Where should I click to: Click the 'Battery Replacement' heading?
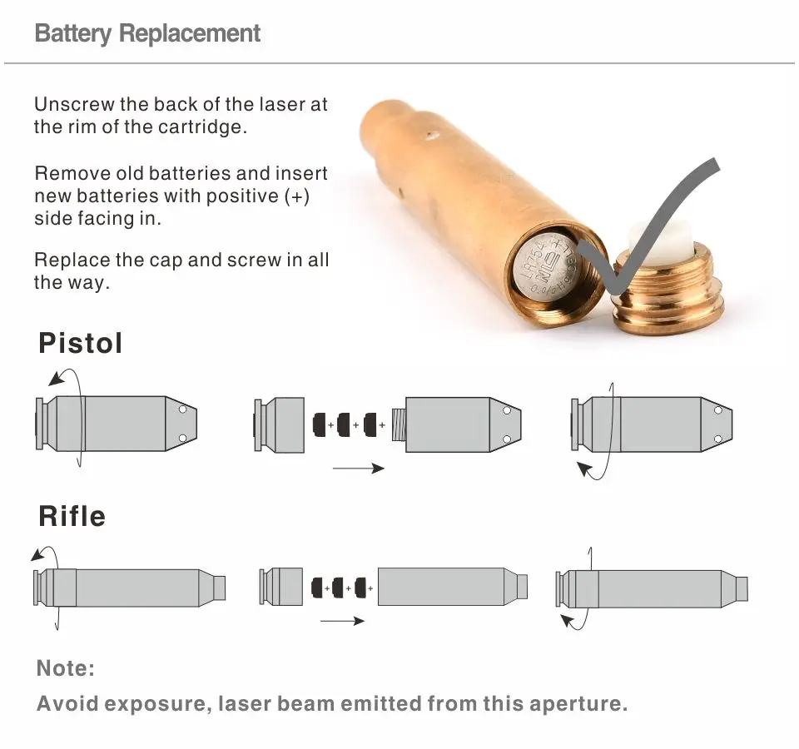pyautogui.click(x=148, y=34)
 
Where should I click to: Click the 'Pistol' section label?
pyautogui.click(x=81, y=343)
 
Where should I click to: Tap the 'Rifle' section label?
pyautogui.click(x=72, y=516)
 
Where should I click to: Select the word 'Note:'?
pyautogui.click(x=66, y=668)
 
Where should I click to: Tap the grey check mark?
pyautogui.click(x=649, y=225)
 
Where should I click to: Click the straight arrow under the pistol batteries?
pyautogui.click(x=358, y=469)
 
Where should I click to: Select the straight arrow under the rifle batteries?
pyautogui.click(x=342, y=621)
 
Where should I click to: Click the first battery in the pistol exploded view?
pyautogui.click(x=318, y=425)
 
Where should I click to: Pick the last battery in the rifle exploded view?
pyautogui.click(x=360, y=588)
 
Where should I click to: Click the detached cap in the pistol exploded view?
pyautogui.click(x=280, y=425)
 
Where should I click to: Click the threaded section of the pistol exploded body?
pyautogui.click(x=398, y=425)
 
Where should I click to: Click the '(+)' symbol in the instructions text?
pyautogui.click(x=297, y=196)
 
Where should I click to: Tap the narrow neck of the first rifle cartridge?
pyautogui.click(x=219, y=588)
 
